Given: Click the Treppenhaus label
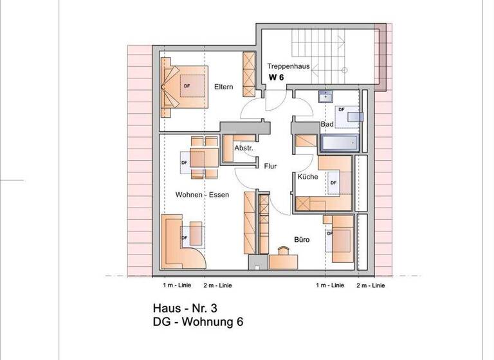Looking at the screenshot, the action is pyautogui.click(x=288, y=66).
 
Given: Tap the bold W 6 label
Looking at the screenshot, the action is pyautogui.click(x=277, y=78).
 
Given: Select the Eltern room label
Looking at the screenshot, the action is pyautogui.click(x=224, y=87).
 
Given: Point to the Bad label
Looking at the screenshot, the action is pyautogui.click(x=327, y=124).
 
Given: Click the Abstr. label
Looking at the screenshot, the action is pyautogui.click(x=244, y=148).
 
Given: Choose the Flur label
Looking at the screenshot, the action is pyautogui.click(x=270, y=166).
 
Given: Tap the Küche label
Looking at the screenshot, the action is pyautogui.click(x=308, y=177).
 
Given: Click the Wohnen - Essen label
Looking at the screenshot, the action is pyautogui.click(x=202, y=195).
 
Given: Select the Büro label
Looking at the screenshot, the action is pyautogui.click(x=302, y=240).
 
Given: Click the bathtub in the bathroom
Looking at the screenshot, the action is pyautogui.click(x=340, y=143).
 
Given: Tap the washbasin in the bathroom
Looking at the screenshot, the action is pyautogui.click(x=325, y=96).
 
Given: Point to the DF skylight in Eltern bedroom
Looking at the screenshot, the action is pyautogui.click(x=192, y=85).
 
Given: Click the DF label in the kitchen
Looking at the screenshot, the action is pyautogui.click(x=334, y=183).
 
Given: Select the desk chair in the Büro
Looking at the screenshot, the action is pyautogui.click(x=283, y=251).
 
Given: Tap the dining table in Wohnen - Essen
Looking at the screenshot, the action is pyautogui.click(x=204, y=157).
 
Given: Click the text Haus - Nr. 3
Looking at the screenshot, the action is pyautogui.click(x=185, y=308).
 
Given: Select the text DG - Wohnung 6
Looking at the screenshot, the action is pyautogui.click(x=198, y=322).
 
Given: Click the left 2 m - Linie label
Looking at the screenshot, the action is pyautogui.click(x=217, y=285).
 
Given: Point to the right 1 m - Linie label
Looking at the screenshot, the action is pyautogui.click(x=330, y=285).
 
